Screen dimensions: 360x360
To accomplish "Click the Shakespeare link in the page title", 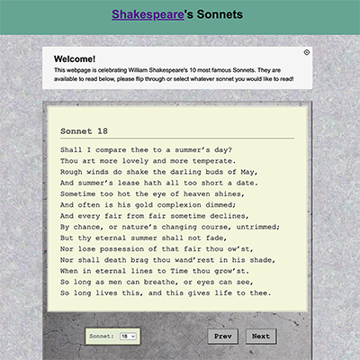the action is point(144,14).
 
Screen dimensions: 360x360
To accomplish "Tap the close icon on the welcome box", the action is point(307,52).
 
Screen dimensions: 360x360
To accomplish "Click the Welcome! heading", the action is point(75,59).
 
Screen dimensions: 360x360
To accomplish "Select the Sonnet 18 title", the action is point(84,130).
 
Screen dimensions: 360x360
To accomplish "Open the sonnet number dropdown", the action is point(128,336).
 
